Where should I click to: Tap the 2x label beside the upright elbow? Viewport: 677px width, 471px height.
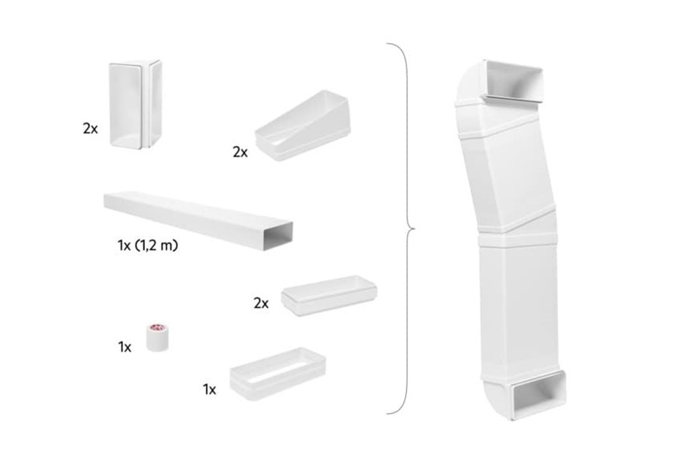click(x=91, y=129)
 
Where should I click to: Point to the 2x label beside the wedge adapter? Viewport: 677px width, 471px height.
click(x=240, y=152)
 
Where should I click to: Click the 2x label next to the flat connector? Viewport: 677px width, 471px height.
click(x=261, y=304)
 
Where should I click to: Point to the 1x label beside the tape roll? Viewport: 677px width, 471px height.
click(x=125, y=347)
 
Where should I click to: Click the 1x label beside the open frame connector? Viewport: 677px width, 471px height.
click(x=209, y=389)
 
